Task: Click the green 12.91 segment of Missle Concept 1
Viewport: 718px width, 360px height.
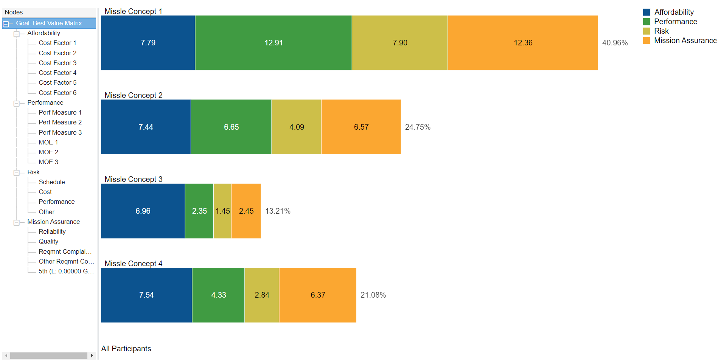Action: point(273,43)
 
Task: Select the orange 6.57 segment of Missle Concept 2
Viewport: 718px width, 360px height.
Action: point(361,127)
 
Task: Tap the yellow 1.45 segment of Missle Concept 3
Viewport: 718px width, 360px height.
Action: point(222,211)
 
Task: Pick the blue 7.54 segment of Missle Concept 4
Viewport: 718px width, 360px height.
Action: point(146,295)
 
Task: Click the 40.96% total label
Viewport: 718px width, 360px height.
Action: point(615,43)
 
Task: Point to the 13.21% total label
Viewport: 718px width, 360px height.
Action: point(278,211)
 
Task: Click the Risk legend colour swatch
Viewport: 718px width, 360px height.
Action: point(647,31)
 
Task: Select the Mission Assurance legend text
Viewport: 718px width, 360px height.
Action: point(685,40)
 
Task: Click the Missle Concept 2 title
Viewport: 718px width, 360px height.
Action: point(134,95)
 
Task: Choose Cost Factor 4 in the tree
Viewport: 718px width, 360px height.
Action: point(58,73)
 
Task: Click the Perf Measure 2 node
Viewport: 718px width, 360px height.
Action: point(60,122)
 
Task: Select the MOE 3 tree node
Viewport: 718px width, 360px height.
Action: point(48,162)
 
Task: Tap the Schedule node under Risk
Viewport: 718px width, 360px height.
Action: point(52,182)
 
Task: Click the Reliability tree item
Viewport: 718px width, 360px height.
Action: point(52,231)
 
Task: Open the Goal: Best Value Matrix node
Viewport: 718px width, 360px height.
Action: point(49,23)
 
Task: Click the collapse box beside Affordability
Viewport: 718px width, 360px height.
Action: point(17,34)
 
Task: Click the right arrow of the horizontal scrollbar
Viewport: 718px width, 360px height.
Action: point(92,355)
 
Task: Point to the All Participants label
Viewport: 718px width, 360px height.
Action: point(126,349)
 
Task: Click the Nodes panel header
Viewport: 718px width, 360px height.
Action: point(14,12)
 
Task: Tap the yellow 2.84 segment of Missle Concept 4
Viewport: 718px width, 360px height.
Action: point(262,295)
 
